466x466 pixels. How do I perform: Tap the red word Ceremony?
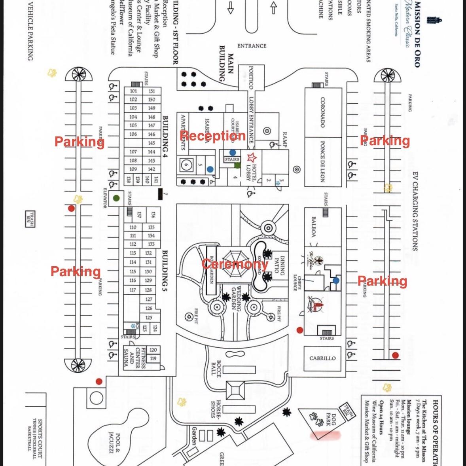tap(235, 264)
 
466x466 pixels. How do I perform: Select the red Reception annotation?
tap(213, 136)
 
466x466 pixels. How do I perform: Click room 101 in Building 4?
tap(133, 91)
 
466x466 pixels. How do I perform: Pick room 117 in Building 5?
tap(133, 290)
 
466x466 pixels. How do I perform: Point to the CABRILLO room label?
tap(322, 358)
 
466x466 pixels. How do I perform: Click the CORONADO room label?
tap(322, 112)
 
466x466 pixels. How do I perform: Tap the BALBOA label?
tap(314, 226)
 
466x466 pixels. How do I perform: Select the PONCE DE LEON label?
tap(322, 161)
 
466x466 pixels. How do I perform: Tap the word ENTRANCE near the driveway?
tap(252, 46)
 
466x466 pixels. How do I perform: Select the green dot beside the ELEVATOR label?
tap(116, 198)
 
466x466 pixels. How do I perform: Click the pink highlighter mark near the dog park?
tap(326, 436)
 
